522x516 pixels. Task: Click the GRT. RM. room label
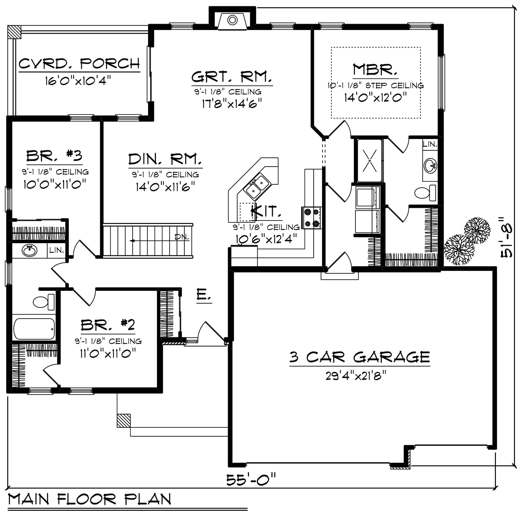232,77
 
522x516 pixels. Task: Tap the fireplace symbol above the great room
232,21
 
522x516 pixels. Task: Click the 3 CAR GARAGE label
360,357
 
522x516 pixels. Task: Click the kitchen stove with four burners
312,218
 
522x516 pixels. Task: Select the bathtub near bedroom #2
34,329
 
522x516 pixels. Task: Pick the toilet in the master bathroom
425,193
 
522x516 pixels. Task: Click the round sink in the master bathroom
430,165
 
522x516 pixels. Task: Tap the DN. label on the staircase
182,237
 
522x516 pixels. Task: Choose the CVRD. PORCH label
79,64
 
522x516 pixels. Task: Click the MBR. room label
375,70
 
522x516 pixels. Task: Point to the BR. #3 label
54,156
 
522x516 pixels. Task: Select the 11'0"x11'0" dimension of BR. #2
108,353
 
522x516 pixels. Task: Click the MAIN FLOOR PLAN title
89,499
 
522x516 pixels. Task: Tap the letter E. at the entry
203,294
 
